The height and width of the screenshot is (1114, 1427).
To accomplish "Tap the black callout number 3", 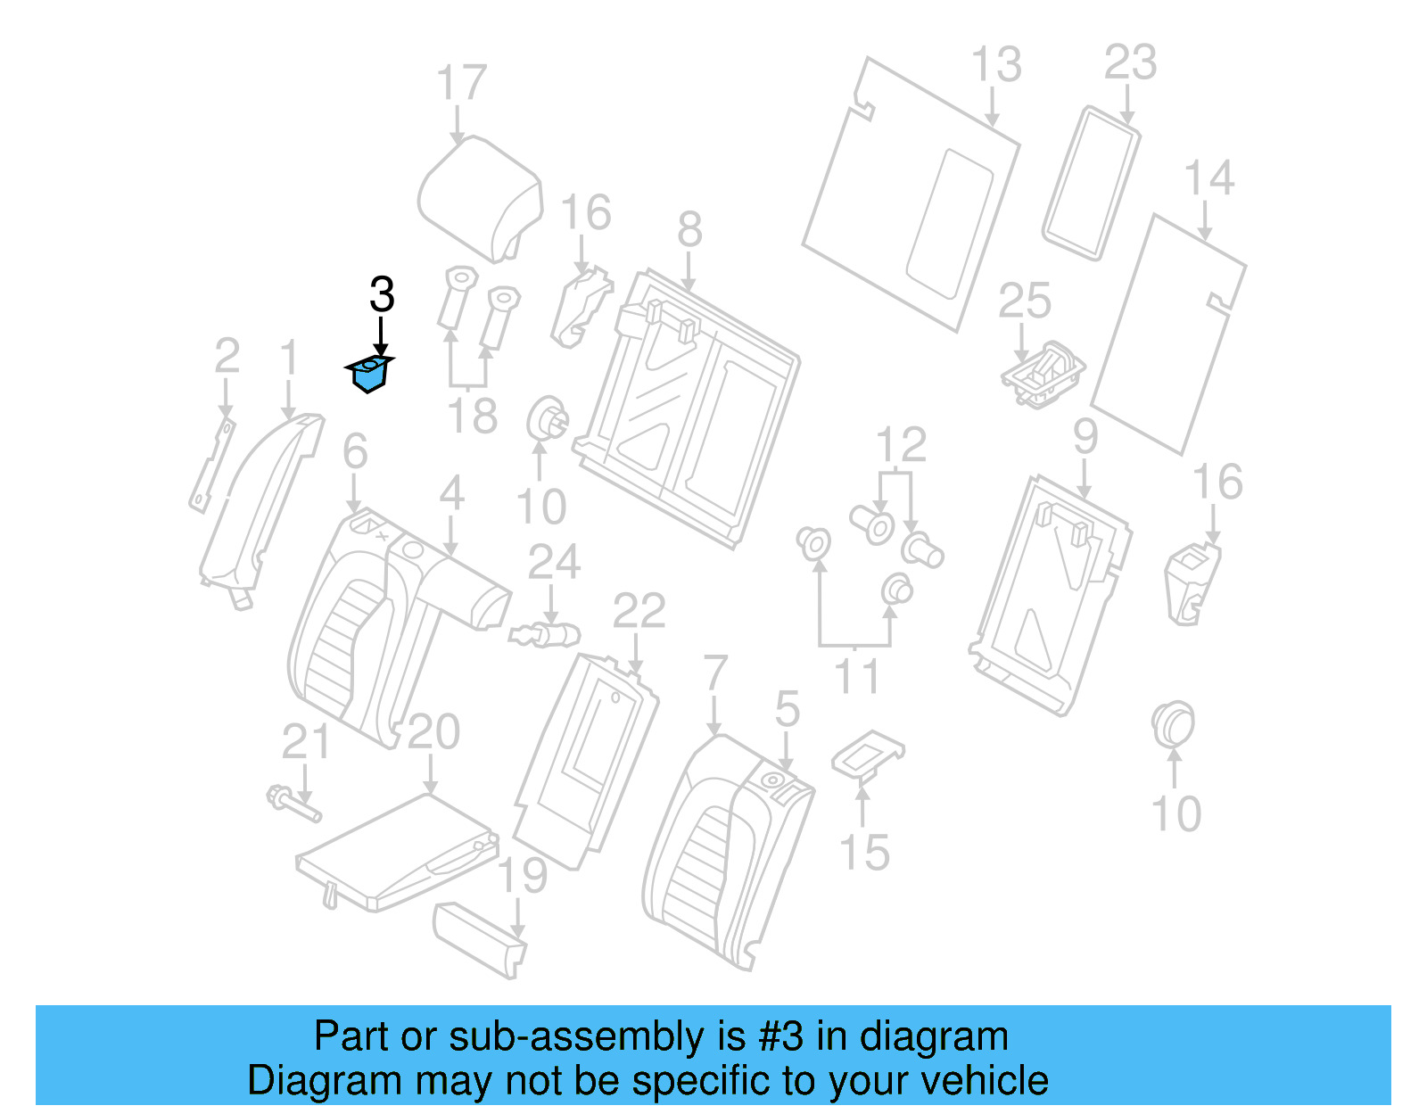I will coord(382,295).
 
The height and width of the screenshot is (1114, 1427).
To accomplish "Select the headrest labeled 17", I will coord(480,198).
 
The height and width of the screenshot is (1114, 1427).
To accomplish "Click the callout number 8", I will coord(689,230).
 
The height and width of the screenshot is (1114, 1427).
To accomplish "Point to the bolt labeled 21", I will coord(293,801).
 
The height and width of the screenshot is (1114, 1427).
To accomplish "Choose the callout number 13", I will coord(995,64).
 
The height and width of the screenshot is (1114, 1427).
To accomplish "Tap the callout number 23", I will coord(1130,62).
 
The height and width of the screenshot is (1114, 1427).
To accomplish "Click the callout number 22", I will coord(639,612).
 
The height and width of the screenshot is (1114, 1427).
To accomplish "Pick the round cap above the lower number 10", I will coord(1173,724).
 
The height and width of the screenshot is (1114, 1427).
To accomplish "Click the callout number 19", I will coord(522,876).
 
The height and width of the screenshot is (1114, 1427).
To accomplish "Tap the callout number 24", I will coord(554,563).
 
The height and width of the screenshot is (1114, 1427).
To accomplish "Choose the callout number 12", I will coord(900,445).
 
